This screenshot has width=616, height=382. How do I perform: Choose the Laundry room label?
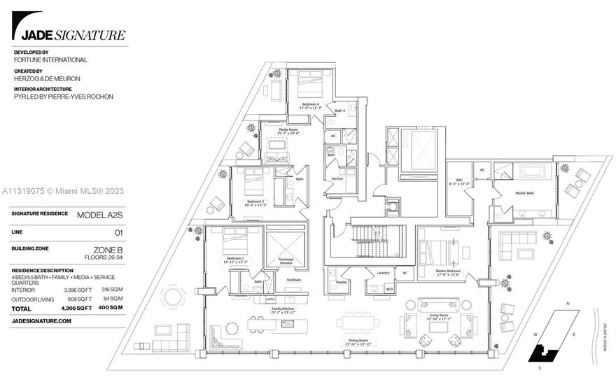click(x=382, y=272)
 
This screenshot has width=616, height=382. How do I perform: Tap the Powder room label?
click(x=341, y=283)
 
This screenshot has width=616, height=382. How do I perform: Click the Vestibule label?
click(x=293, y=279)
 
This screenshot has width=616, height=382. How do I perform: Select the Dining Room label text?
click(x=358, y=341)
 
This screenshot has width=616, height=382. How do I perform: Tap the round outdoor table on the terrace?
click(x=171, y=296)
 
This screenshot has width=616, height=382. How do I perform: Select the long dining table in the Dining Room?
click(x=358, y=324)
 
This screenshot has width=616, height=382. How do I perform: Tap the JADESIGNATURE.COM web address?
click(x=42, y=320)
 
